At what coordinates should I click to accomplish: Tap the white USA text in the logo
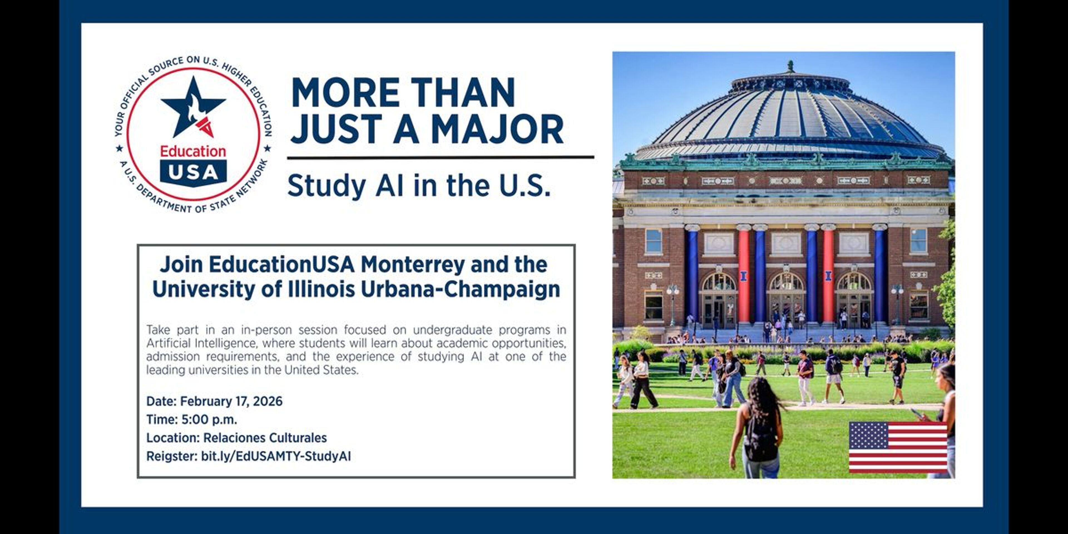[x=193, y=172]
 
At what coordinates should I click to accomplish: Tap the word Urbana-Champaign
[x=460, y=289]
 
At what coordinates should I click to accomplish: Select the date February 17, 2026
[x=231, y=401]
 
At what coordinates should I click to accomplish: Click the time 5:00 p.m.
[x=209, y=420]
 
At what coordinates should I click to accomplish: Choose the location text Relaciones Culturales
[x=265, y=438]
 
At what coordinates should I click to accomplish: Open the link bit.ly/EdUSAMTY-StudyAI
[x=276, y=456]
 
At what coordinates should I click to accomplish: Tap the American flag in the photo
[x=898, y=447]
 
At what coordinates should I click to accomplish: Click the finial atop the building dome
[x=791, y=66]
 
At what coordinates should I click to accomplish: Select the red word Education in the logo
[x=193, y=151]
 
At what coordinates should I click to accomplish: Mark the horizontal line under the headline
[x=441, y=157]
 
